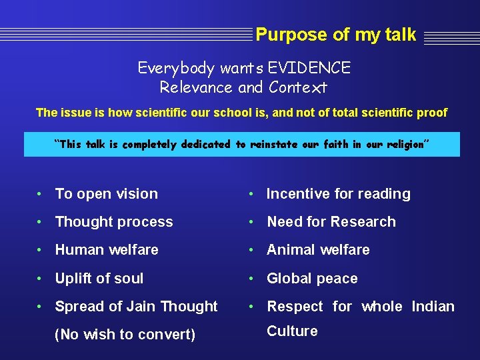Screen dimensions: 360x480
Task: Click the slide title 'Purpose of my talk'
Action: click(335, 35)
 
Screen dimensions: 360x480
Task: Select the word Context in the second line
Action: click(298, 87)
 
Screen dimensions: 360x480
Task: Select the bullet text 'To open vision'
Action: click(106, 194)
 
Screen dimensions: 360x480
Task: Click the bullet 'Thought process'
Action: click(113, 222)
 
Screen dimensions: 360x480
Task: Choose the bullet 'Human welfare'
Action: click(107, 250)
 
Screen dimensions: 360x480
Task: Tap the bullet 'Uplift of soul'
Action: click(99, 279)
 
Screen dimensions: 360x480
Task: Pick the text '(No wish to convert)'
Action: click(125, 335)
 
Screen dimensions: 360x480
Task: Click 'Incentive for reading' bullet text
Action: click(338, 194)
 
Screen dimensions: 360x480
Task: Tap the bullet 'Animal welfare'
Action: click(318, 250)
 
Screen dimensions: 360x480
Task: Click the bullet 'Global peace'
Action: click(312, 279)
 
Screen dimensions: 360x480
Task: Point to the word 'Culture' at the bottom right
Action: click(292, 331)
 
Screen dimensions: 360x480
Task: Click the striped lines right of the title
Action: click(451, 37)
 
